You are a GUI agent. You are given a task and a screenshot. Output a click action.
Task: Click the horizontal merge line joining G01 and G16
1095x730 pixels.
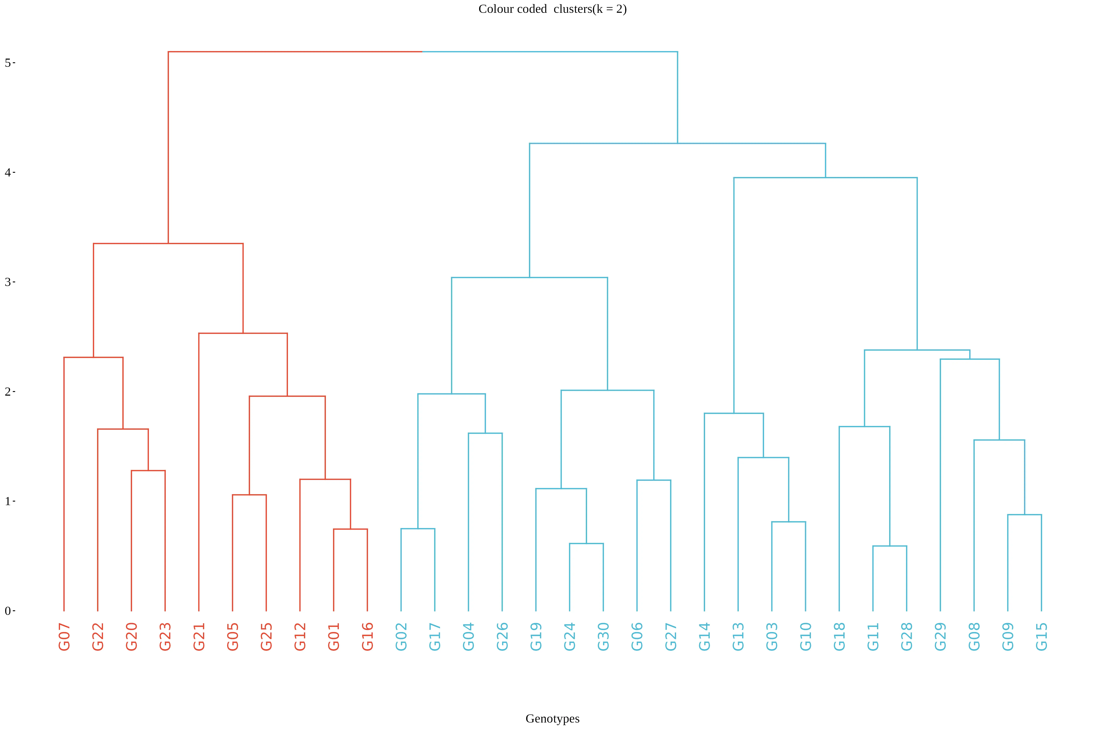click(351, 529)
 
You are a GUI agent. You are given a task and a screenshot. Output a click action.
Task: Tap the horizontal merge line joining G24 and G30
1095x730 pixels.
click(587, 543)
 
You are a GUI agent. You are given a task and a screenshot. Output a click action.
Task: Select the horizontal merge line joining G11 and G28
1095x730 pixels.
click(890, 546)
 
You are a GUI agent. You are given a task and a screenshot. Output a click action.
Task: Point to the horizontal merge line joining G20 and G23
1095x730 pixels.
click(148, 471)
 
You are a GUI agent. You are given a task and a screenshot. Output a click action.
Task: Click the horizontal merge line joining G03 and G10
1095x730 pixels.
click(789, 522)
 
